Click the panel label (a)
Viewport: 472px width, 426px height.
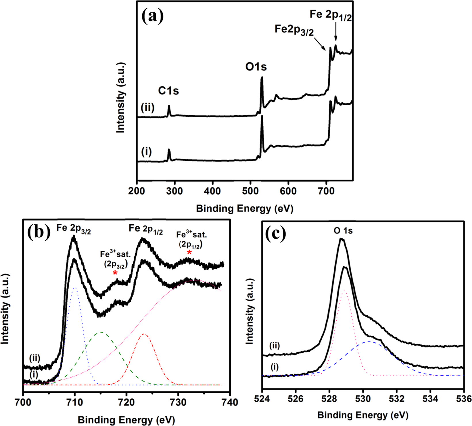pos(153,16)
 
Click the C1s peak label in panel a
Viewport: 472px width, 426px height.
pos(168,91)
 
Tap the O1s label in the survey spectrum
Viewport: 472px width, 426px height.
pos(256,67)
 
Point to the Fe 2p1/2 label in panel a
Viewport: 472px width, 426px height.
pos(331,15)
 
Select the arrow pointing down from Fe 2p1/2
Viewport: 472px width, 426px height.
pos(335,34)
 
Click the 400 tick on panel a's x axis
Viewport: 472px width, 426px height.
pos(212,190)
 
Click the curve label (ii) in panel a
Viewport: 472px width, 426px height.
pos(148,108)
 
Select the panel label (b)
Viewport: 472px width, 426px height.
pos(39,233)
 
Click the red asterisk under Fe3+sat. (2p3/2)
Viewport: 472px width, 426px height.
pos(115,273)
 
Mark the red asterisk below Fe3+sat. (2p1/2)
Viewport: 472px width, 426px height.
pos(189,252)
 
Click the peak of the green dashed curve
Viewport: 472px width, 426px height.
pos(101,332)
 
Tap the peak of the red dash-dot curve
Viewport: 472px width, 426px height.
pos(144,334)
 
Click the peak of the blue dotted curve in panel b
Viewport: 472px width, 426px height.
pos(75,288)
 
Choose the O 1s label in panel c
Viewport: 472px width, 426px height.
pos(343,231)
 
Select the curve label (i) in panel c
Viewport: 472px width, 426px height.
pos(275,367)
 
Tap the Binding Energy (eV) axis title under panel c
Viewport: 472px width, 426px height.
pos(363,415)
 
